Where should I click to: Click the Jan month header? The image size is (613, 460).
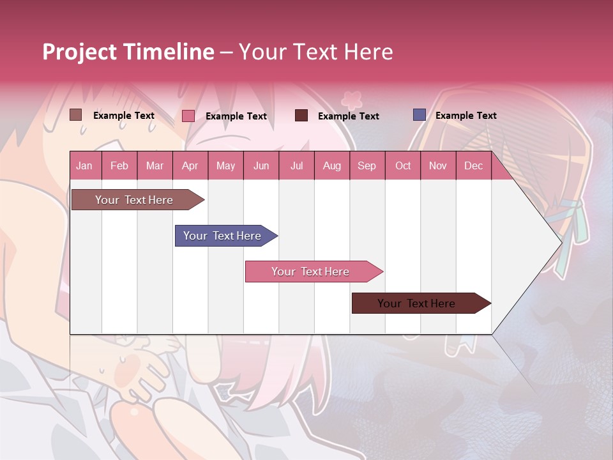point(84,165)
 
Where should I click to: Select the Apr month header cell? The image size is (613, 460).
point(190,165)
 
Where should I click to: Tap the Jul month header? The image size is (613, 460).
point(296,165)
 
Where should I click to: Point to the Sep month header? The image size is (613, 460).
point(367,165)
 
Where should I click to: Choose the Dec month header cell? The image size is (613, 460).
point(473,165)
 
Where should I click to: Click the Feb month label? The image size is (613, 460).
point(119,165)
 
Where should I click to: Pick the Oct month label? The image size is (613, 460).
point(403,165)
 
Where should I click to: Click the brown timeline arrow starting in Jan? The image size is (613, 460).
point(134,200)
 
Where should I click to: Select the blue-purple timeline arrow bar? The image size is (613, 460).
point(222,236)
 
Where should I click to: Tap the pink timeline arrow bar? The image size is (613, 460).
point(310,272)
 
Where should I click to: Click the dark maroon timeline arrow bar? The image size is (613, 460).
point(416,303)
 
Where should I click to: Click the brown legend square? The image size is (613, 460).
point(76,115)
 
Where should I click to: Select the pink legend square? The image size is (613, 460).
point(188,116)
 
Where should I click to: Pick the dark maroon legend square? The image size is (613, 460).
point(301,116)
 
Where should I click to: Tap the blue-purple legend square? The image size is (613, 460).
point(420,115)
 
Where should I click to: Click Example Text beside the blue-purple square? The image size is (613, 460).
point(465,116)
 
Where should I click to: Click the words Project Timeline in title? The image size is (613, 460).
point(128,52)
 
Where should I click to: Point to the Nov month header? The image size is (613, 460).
point(438,165)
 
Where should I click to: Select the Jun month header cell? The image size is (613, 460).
point(261,165)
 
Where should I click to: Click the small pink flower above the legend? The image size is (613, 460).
point(351,99)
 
